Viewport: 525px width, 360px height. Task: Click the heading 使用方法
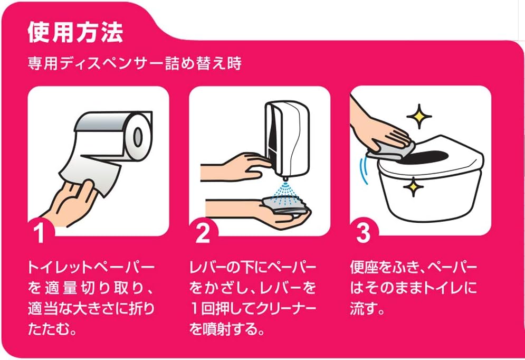coord(75,32)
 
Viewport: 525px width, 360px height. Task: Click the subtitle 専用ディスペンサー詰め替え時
coord(135,64)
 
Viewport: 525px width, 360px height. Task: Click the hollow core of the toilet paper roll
coord(138,137)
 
